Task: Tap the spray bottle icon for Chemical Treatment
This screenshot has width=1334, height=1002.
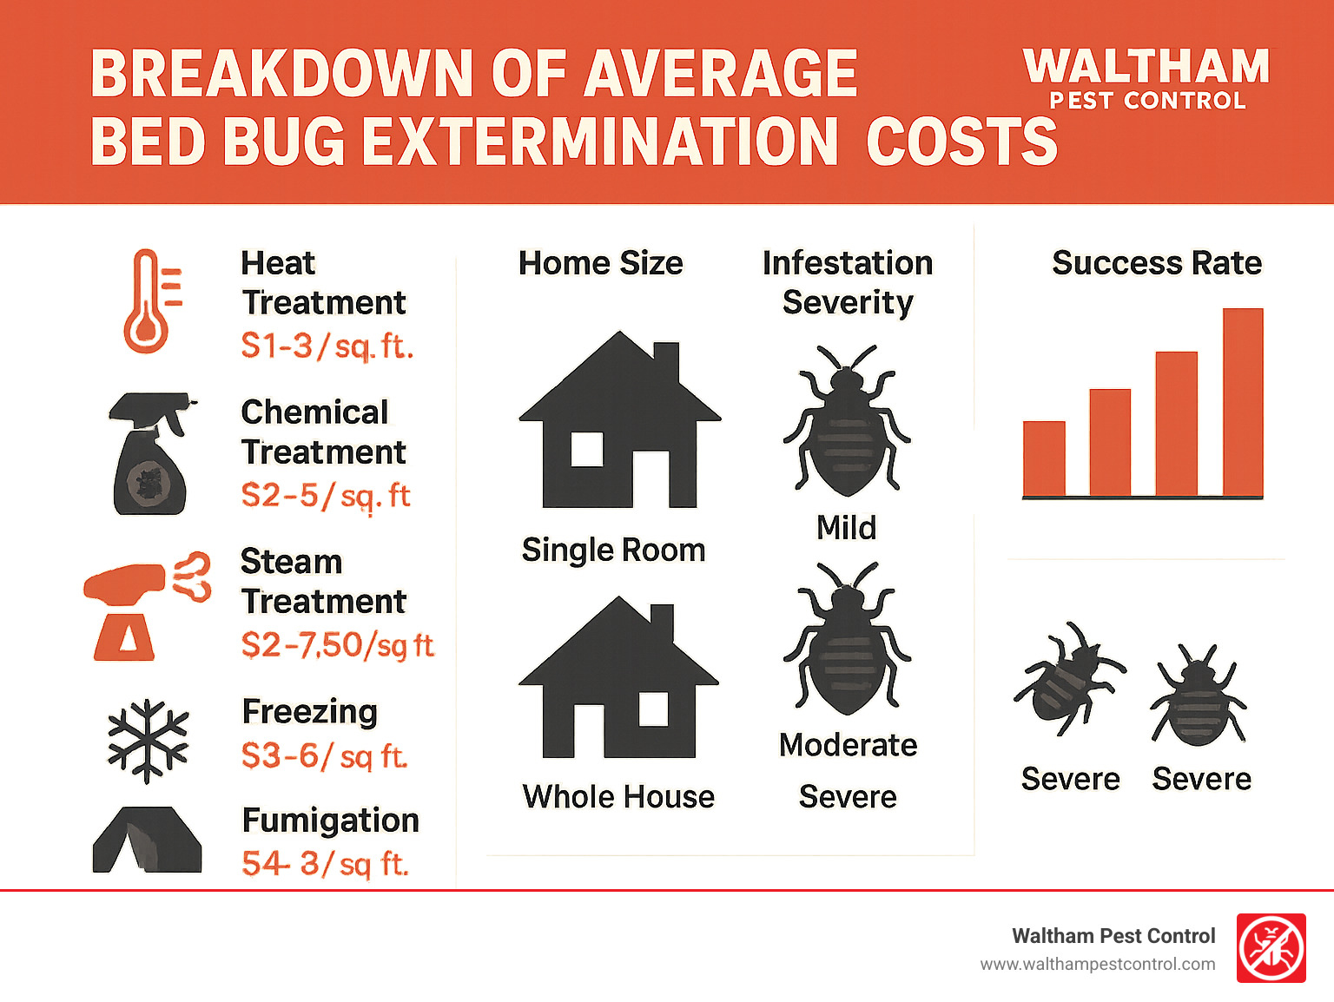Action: tap(150, 455)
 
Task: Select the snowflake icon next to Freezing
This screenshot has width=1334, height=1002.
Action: tap(148, 741)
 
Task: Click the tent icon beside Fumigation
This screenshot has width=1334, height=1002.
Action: tap(147, 840)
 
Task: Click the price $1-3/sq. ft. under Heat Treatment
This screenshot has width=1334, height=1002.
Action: tap(327, 346)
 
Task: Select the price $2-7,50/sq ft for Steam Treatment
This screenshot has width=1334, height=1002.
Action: tap(337, 645)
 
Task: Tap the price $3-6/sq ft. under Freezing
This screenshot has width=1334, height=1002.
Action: tap(324, 756)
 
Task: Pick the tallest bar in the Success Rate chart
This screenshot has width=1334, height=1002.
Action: tap(1243, 402)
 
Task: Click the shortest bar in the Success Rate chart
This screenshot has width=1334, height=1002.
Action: tap(1044, 458)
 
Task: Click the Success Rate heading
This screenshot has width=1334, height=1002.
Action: tap(1156, 263)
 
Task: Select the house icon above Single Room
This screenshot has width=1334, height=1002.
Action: tap(619, 421)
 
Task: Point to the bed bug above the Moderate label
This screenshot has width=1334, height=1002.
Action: tap(847, 639)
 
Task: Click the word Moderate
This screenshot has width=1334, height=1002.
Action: tap(848, 745)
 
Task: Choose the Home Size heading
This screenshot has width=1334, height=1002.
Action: tap(600, 263)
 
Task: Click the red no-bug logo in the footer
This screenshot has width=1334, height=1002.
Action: tap(1271, 948)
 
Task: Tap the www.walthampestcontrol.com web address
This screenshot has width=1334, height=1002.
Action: tap(1097, 965)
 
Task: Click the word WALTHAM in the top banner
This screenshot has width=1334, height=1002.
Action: tap(1146, 67)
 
